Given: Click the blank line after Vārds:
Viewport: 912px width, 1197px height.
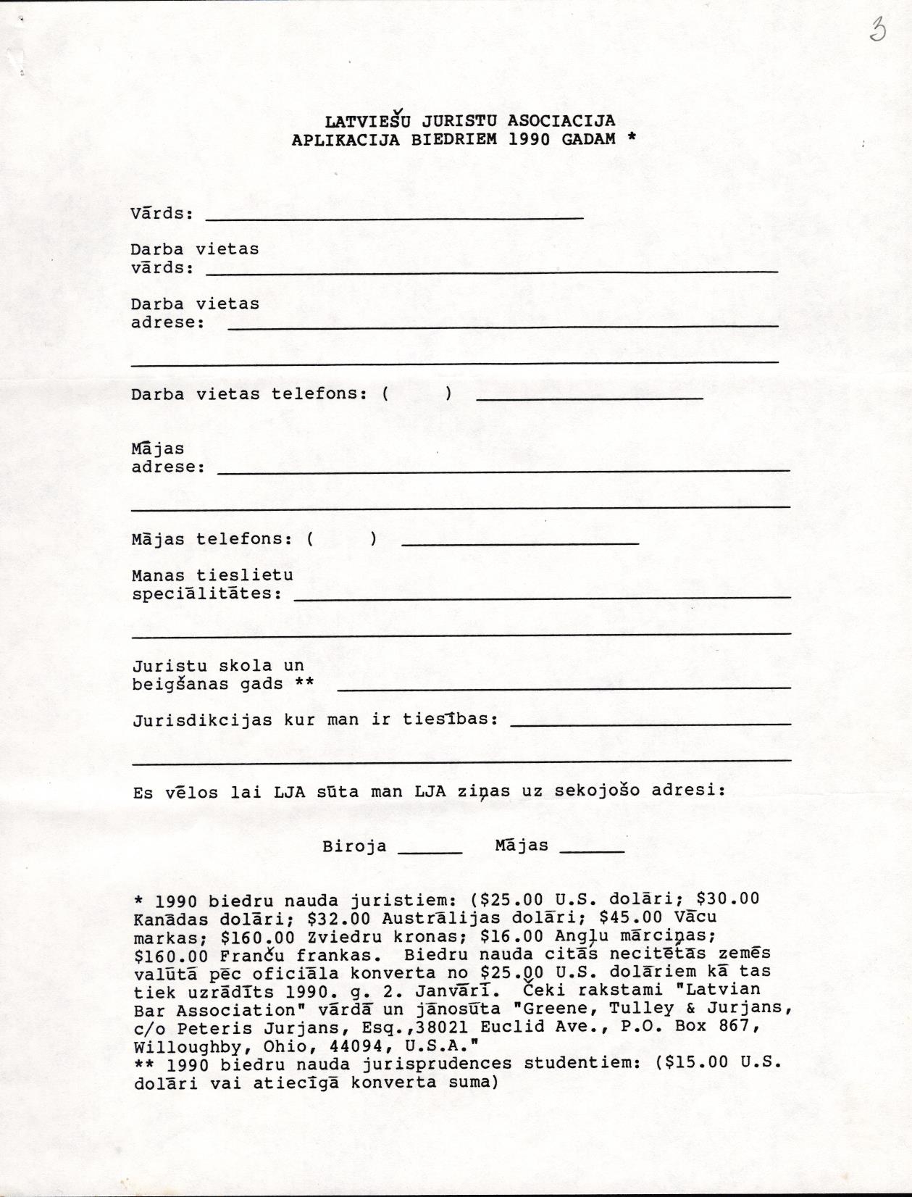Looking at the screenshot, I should coord(395,216).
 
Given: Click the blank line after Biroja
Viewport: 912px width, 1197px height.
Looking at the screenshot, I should coord(430,852).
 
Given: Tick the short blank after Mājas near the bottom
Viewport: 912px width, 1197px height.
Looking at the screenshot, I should coord(592,851).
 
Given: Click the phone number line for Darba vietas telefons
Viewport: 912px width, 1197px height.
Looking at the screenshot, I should coord(590,397).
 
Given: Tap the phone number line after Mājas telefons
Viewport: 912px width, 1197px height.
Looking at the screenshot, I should coord(519,542).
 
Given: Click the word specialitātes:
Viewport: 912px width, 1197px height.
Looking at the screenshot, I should coord(207,593).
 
